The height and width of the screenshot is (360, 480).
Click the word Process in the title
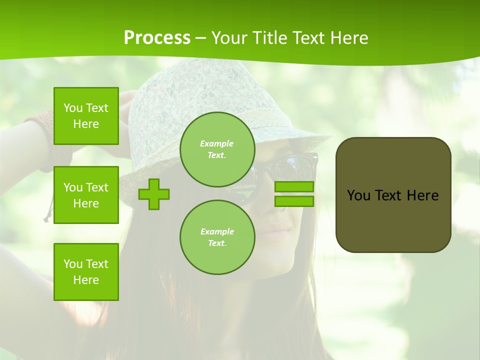point(157,38)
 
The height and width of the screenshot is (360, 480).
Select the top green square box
point(86,116)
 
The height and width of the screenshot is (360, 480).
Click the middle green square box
point(86,195)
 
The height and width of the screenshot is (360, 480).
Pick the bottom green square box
point(86,272)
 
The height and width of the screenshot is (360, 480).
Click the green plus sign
point(154,194)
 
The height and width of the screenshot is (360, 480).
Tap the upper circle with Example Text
point(217,149)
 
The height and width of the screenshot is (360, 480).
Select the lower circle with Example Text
point(217,237)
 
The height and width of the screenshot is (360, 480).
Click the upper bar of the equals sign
point(294,187)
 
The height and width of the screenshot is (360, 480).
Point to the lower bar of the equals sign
point(294,201)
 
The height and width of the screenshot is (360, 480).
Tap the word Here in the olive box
point(422,195)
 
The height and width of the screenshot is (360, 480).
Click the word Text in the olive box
point(388,195)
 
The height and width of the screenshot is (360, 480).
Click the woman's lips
point(278,231)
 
